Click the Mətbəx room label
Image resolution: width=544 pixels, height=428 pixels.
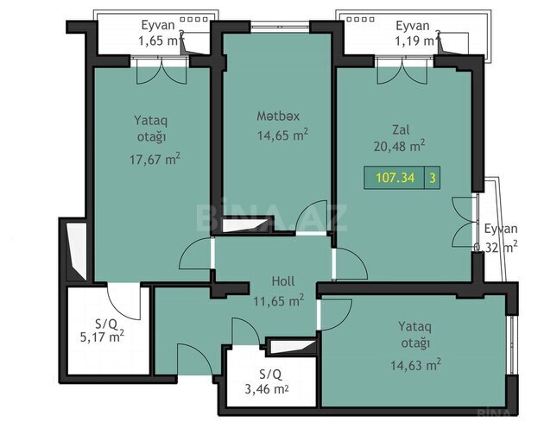[278, 116]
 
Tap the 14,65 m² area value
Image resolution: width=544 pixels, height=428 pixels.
[282, 135]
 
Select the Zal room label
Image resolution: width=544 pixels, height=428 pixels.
[401, 129]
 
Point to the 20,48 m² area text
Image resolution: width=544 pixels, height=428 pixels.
[399, 146]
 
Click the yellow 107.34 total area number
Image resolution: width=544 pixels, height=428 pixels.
[395, 178]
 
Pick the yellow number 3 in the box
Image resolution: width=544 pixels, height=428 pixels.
[433, 178]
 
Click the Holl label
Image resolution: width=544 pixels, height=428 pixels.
[283, 281]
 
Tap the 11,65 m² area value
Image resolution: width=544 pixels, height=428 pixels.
[279, 300]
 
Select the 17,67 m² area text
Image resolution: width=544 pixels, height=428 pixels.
[155, 159]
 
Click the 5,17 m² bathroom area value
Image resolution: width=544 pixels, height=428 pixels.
[102, 337]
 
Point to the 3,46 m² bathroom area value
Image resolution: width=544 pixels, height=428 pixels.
[267, 389]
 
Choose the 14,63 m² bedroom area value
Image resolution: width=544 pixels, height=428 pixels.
[415, 365]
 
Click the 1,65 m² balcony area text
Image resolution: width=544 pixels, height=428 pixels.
[160, 41]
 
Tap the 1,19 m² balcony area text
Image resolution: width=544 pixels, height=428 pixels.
[415, 41]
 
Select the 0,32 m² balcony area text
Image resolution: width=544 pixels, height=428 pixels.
[496, 247]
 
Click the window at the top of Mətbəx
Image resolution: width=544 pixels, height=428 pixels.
[280, 26]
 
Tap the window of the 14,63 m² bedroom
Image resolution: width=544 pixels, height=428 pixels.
[512, 345]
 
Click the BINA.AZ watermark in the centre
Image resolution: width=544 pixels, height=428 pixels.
[272, 217]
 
